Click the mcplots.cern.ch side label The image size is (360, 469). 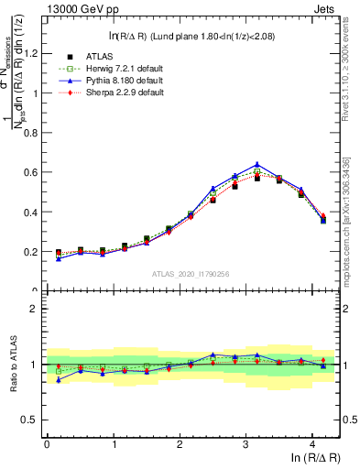352,220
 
